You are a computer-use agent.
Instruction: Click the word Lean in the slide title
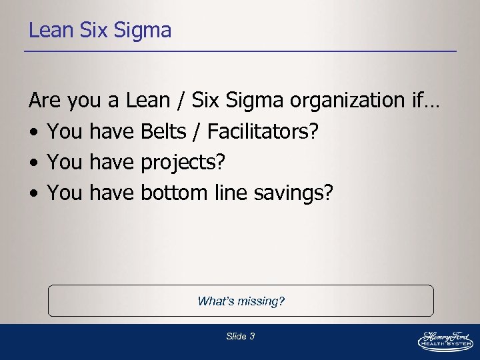click(x=47, y=31)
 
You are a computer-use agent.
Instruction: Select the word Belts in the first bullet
click(x=163, y=132)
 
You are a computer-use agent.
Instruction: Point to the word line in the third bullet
click(x=230, y=193)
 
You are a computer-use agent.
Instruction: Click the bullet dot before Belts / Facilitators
click(x=33, y=133)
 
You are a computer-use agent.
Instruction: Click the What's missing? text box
click(x=241, y=301)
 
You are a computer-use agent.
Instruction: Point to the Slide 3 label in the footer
click(x=240, y=337)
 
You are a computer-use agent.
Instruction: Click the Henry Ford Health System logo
click(x=445, y=339)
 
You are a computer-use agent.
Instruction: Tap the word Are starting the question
click(x=45, y=101)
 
